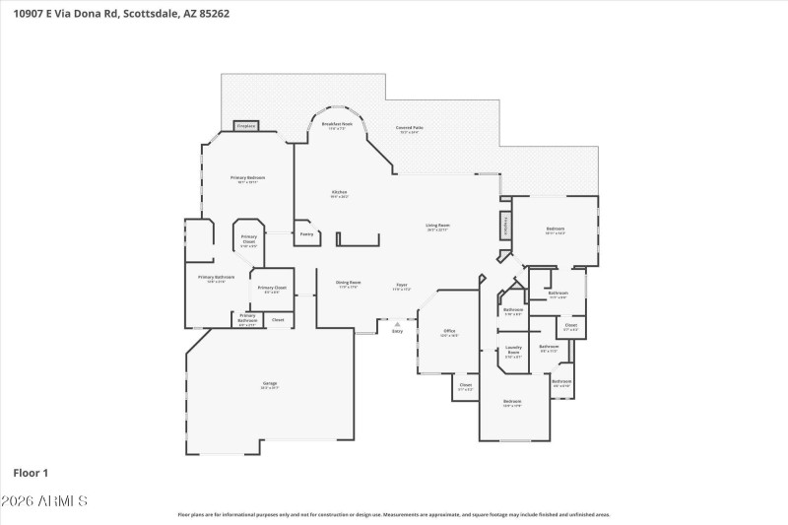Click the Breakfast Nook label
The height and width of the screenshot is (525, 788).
coord(337,124)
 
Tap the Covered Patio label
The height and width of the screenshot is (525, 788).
coord(409,128)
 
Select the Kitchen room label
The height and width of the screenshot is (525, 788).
coord(339,192)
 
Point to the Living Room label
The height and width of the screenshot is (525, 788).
coord(437,226)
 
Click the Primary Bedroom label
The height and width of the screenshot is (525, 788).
coord(247,178)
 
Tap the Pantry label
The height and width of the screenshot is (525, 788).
coord(306,233)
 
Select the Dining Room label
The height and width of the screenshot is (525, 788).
coord(348,283)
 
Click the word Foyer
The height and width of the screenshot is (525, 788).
coord(402,285)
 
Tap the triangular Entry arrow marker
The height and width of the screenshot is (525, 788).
coord(397,323)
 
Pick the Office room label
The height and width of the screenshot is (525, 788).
coord(448,331)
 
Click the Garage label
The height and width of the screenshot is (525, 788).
coord(269,383)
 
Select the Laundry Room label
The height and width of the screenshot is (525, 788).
coord(513,349)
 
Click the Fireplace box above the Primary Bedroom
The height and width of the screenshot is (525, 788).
coord(246,126)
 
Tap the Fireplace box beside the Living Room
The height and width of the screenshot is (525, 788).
coord(506,225)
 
